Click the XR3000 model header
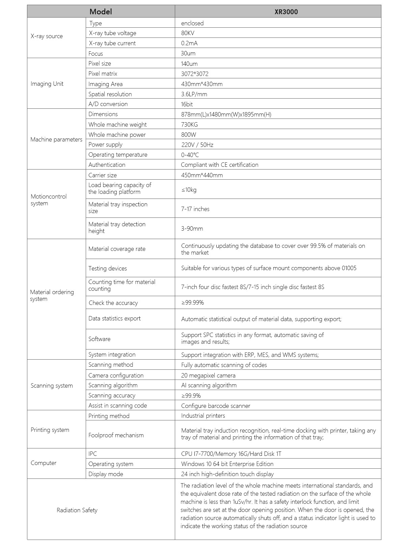tap(286, 12)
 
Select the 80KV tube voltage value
tap(188, 33)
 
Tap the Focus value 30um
tap(188, 53)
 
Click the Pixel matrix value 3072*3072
tap(195, 74)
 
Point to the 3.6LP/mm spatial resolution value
tap(194, 94)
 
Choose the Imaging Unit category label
tap(47, 84)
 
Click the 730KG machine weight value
tap(189, 125)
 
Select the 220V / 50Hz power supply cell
tap(197, 145)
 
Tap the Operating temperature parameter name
tap(118, 155)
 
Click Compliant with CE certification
tap(219, 165)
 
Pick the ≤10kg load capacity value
tap(189, 190)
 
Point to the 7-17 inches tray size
tap(195, 209)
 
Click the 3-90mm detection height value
tap(192, 229)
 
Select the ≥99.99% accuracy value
tap(192, 303)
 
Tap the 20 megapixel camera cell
tap(208, 375)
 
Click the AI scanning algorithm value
tap(209, 385)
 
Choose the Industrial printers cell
tap(203, 416)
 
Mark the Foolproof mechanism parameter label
tap(116, 435)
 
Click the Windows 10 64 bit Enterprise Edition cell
tap(227, 464)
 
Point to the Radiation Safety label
tap(77, 510)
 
